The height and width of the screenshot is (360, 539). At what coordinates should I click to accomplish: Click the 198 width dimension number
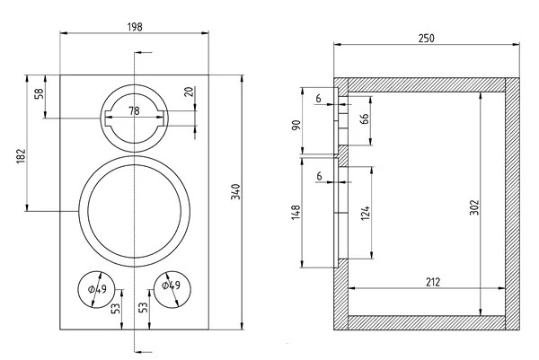click(x=135, y=27)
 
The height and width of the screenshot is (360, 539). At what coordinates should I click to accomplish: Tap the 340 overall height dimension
click(x=235, y=192)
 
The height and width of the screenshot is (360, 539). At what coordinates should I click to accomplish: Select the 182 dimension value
click(x=21, y=156)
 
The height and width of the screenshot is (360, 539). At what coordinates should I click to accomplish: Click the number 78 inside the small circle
click(x=134, y=110)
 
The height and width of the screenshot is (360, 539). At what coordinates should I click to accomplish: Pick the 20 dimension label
click(x=188, y=92)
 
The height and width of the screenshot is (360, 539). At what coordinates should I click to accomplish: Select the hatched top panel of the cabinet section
click(x=422, y=84)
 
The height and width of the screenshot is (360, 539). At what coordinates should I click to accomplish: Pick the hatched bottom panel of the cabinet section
click(x=422, y=322)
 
